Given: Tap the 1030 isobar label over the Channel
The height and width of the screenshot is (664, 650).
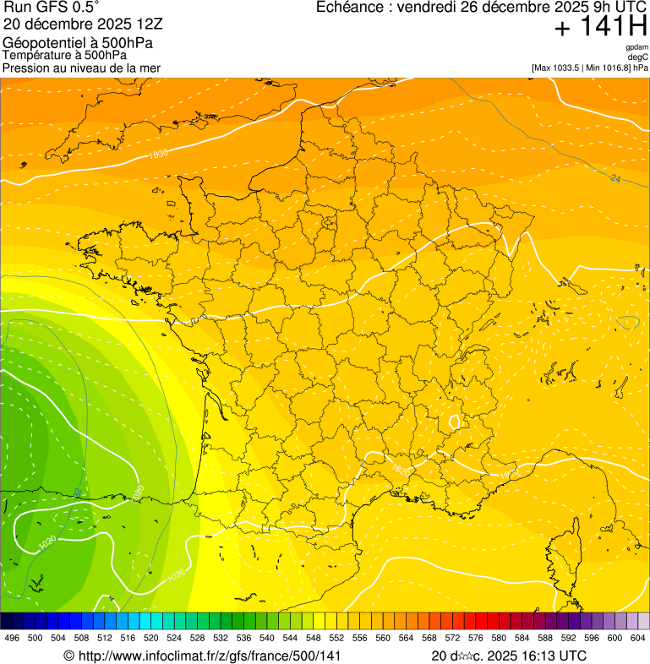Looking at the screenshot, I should point(157,154).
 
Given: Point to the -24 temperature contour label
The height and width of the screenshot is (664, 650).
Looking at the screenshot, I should point(614,178).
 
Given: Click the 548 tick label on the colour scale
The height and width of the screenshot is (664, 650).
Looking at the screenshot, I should point(314,638).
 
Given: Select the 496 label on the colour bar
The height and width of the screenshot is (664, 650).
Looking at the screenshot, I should point(12,638).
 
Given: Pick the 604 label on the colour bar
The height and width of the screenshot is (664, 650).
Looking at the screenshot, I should point(637,638).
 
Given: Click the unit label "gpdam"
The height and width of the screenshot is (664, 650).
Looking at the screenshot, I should point(636,47).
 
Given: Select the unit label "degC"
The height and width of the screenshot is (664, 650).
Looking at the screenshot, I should point(638,57).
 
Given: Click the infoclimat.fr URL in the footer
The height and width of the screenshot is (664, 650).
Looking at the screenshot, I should point(202,656).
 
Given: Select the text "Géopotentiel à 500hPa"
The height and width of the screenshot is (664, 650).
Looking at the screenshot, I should point(78,42).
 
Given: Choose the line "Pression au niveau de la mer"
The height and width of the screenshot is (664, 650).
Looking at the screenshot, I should point(81,68).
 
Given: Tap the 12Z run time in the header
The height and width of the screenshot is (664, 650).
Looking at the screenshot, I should point(161,24).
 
